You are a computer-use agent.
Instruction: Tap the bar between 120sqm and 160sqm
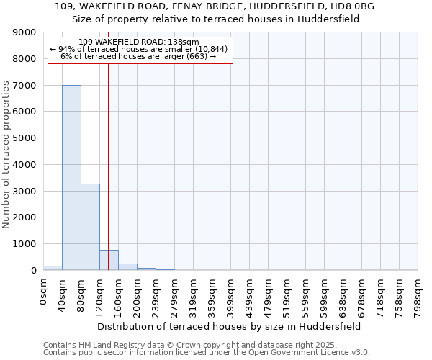[x=109, y=260]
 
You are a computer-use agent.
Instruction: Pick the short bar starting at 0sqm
[x=53, y=268]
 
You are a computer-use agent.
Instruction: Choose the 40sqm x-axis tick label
[x=63, y=293]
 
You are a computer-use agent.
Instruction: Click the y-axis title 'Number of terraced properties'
[x=6, y=155]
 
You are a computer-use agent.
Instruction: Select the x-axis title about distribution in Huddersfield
[x=230, y=326]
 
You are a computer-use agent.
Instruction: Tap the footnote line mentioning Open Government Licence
[x=207, y=353]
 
